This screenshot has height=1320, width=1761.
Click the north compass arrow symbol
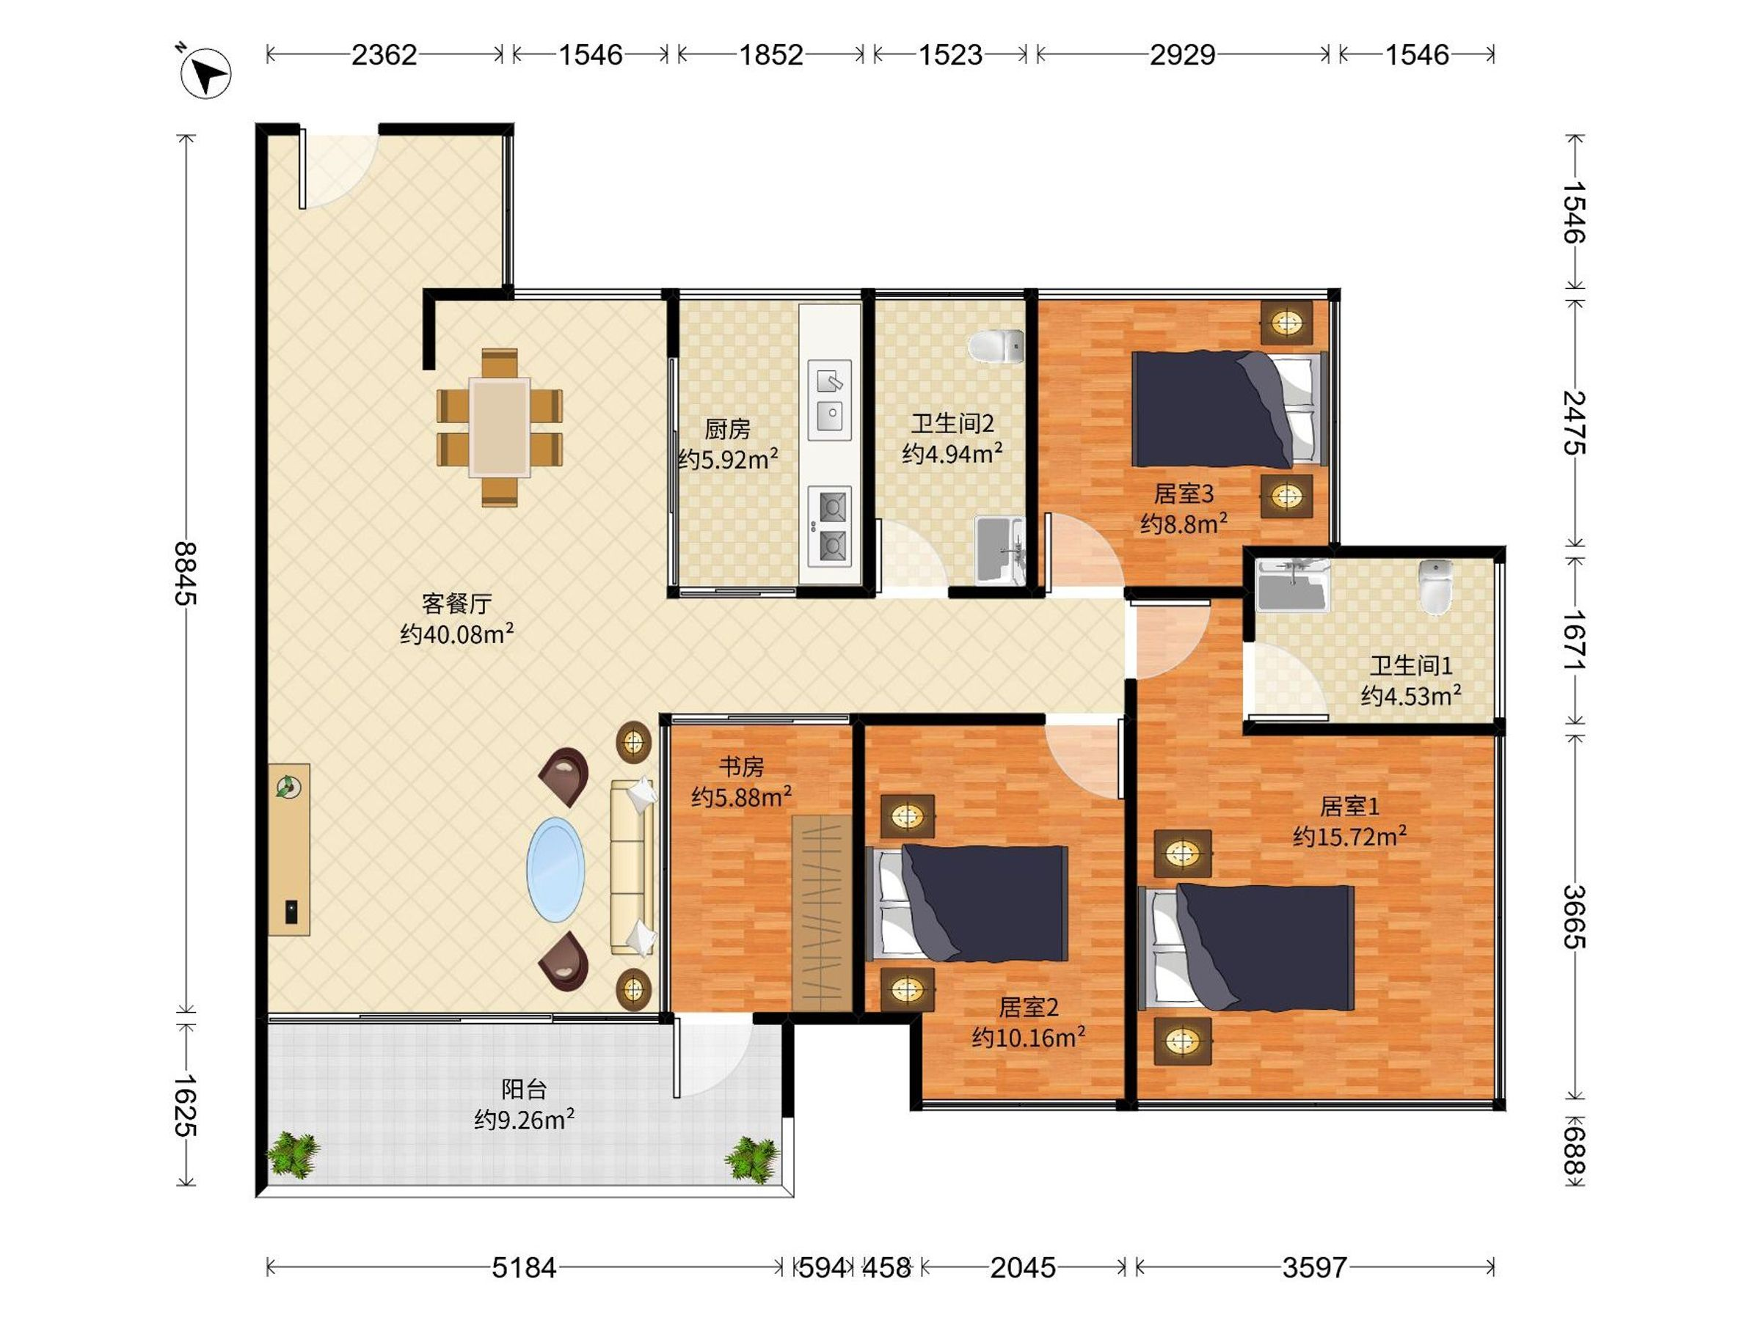click(x=205, y=73)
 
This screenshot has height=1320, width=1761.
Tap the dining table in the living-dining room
click(x=499, y=428)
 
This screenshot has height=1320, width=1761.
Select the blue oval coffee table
click(x=555, y=869)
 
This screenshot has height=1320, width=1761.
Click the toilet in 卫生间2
click(x=996, y=347)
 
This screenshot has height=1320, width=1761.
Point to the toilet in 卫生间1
click(x=1435, y=587)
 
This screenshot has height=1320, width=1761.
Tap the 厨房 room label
click(x=727, y=430)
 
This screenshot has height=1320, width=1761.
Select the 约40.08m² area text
click(x=457, y=634)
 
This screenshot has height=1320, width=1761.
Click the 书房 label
click(x=741, y=767)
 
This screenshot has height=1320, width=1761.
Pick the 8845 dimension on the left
click(x=186, y=573)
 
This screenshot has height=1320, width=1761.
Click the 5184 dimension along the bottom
click(x=524, y=1267)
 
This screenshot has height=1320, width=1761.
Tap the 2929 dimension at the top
click(x=1182, y=55)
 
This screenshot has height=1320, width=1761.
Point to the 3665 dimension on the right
click(x=1574, y=917)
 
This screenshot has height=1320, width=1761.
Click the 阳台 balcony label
click(x=524, y=1089)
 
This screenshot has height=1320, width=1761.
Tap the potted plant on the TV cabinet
click(x=288, y=788)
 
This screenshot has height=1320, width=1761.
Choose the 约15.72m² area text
click(x=1349, y=837)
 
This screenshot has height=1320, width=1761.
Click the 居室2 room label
click(x=1029, y=1008)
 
